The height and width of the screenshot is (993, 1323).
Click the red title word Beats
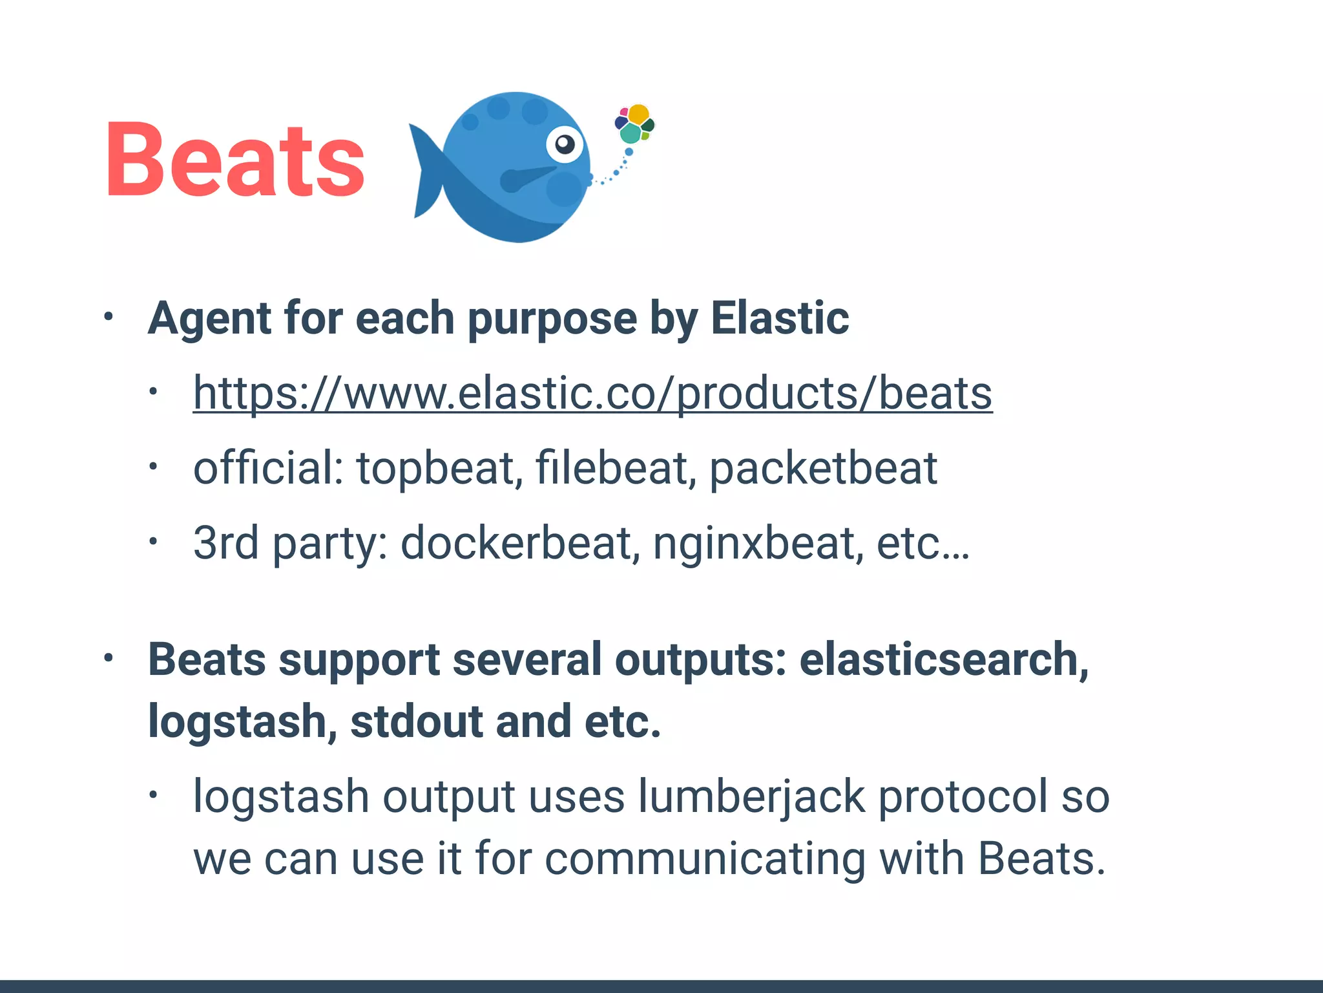pyautogui.click(x=235, y=160)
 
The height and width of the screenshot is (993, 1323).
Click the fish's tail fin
pyautogui.click(x=426, y=171)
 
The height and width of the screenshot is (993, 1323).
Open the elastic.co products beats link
pyautogui.click(x=592, y=393)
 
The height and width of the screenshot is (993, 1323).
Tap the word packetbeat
pyautogui.click(x=823, y=468)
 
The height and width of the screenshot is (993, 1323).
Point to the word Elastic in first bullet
pyautogui.click(x=780, y=318)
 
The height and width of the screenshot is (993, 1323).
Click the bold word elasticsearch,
pyautogui.click(x=944, y=659)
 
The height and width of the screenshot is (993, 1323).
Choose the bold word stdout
pyautogui.click(x=416, y=721)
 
